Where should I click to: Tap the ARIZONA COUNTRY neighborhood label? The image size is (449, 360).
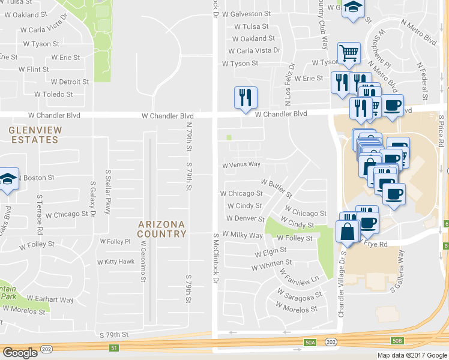162,229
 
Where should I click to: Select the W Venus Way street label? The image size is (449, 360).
241,164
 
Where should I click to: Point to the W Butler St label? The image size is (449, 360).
277,187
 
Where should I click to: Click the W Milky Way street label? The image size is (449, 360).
243,235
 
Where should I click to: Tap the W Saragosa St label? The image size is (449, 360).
300,297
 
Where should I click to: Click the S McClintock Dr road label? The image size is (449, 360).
214,258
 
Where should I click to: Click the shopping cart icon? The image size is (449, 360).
349,53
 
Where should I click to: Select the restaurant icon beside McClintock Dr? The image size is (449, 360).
245,97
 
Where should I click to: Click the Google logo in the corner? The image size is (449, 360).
20,352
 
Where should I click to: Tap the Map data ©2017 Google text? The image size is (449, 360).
412,355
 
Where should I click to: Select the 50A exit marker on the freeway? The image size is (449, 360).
310,343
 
